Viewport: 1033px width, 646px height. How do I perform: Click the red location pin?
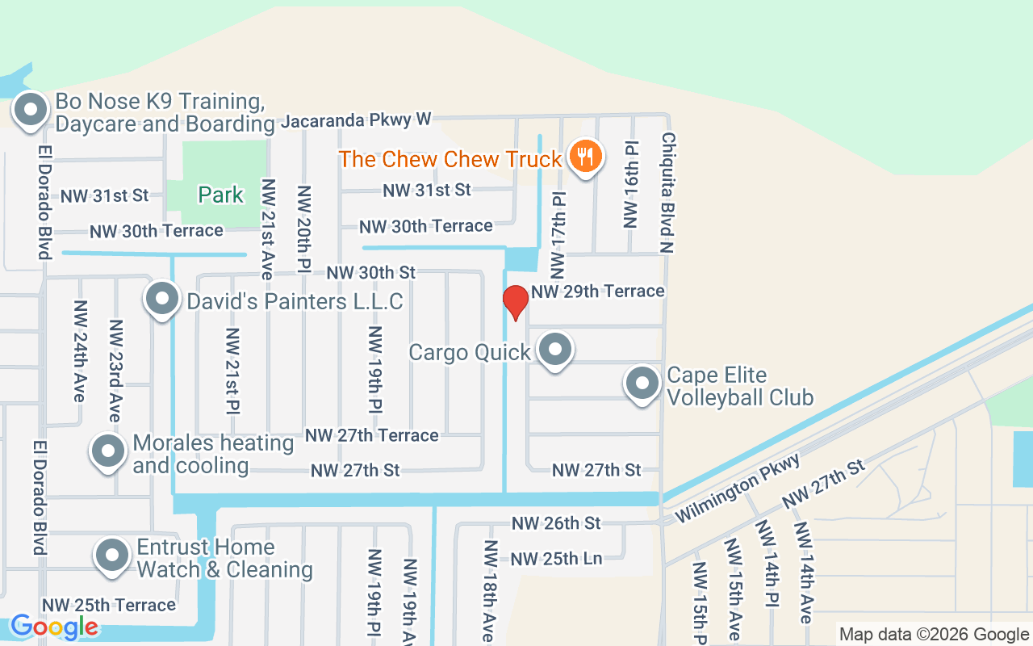[x=515, y=302]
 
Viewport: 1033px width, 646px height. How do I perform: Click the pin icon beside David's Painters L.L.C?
[x=162, y=299]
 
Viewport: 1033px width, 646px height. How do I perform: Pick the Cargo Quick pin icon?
[x=554, y=350]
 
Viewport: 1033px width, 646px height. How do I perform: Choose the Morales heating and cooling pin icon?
[x=107, y=451]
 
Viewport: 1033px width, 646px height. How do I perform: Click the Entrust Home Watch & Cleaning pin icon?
[x=112, y=556]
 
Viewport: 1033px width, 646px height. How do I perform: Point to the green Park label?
[x=220, y=195]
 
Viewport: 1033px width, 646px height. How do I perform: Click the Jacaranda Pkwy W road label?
[x=356, y=121]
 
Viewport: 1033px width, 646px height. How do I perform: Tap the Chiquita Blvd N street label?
[x=667, y=193]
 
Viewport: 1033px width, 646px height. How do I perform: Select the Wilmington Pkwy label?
[x=738, y=487]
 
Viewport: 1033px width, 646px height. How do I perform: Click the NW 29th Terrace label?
[x=598, y=291]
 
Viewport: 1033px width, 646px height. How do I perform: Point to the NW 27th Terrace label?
[x=371, y=435]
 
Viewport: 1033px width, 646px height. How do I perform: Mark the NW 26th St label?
[x=556, y=523]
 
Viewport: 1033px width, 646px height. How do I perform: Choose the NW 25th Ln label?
[x=556, y=558]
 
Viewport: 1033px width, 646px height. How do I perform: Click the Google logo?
[x=54, y=627]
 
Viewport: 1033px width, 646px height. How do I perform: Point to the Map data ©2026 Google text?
[x=933, y=635]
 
